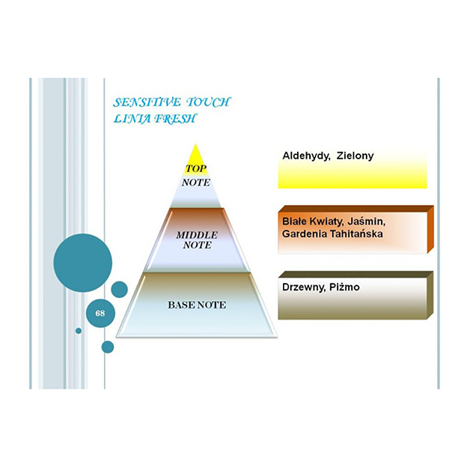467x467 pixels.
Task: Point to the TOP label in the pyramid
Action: (x=195, y=168)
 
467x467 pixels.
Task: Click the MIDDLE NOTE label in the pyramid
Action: (x=196, y=239)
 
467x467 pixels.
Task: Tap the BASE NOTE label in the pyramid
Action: (x=196, y=305)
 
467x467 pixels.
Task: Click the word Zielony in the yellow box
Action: (x=355, y=156)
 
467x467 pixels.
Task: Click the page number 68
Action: (x=100, y=314)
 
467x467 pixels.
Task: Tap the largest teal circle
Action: (x=82, y=263)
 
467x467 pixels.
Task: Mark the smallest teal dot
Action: (x=78, y=330)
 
